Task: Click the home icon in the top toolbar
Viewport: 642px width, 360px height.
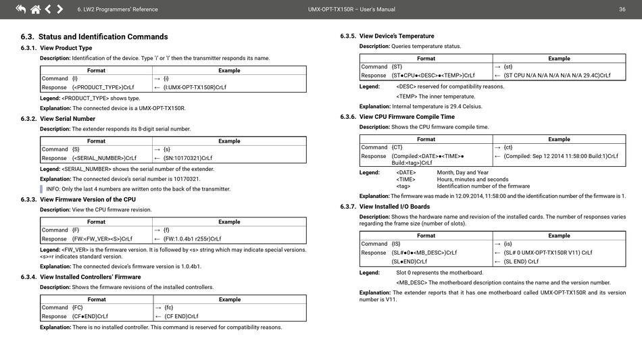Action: coord(35,9)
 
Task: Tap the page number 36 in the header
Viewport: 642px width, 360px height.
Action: coord(622,9)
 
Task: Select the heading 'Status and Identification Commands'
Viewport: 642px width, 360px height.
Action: coord(103,36)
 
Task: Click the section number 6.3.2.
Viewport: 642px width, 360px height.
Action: coord(29,119)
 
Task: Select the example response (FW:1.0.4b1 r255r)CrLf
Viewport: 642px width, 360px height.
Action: coord(197,238)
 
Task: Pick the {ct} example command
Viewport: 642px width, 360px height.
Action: coord(508,147)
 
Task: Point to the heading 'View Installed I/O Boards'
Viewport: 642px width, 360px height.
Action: coord(395,207)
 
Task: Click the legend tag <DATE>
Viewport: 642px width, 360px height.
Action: coord(406,172)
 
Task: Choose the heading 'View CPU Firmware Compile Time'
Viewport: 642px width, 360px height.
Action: coord(407,117)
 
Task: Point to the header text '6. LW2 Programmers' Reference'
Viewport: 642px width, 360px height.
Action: coord(118,9)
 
